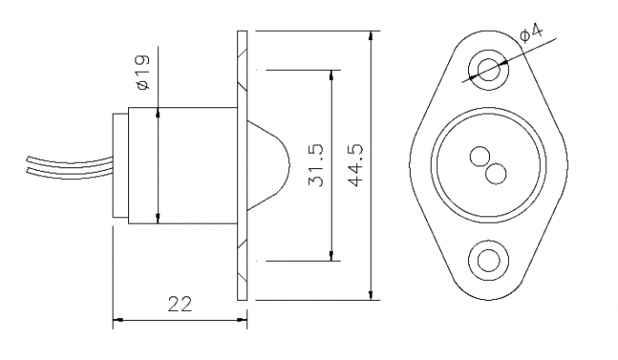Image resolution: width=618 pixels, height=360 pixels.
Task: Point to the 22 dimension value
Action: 181,304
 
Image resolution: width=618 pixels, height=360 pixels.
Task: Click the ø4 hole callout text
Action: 531,35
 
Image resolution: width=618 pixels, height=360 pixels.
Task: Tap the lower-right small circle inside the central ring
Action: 496,171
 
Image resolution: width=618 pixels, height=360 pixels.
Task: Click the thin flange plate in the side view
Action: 242,165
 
